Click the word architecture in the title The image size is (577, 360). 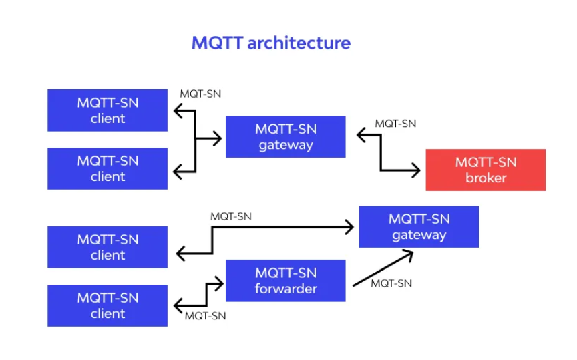299,43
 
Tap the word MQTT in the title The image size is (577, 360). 217,43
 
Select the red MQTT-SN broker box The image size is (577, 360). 486,170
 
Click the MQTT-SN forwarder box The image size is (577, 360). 286,281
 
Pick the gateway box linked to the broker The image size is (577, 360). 286,136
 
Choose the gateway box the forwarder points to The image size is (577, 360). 419,226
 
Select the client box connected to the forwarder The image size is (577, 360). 108,305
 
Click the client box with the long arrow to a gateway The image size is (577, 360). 108,247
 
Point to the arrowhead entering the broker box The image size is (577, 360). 416,170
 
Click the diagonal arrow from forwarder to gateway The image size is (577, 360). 383,268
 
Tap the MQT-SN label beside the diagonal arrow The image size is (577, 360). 391,283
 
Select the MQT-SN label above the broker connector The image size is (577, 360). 395,124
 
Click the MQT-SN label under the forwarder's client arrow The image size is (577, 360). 205,316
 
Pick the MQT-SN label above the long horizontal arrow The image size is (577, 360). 231,216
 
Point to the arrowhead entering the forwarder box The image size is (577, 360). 219,283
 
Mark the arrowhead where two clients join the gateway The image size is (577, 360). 218,138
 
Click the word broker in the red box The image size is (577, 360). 486,178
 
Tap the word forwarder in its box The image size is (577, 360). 286,289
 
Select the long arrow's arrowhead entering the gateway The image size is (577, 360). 349,227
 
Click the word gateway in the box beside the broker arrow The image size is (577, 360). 286,145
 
